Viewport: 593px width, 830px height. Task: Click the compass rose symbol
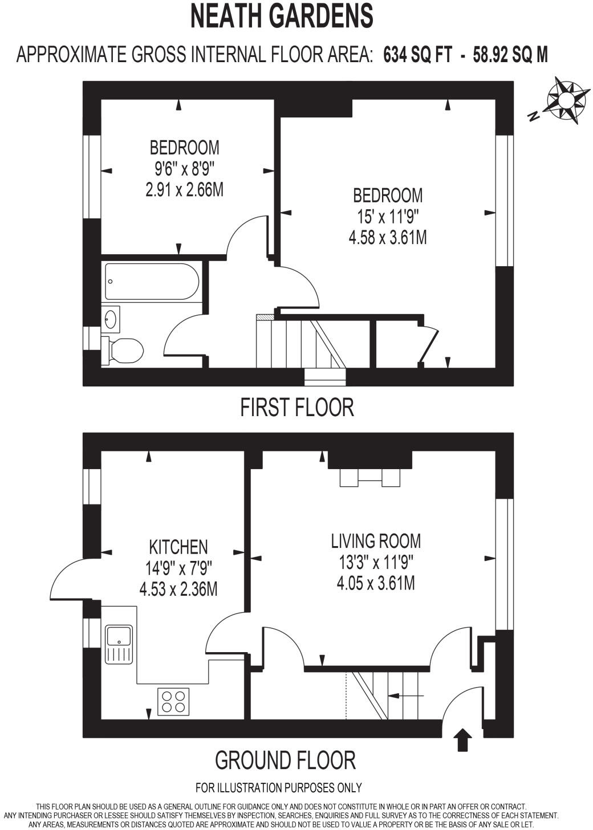(567, 101)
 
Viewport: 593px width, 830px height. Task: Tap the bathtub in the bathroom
(152, 282)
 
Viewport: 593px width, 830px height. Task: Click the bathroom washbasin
(111, 319)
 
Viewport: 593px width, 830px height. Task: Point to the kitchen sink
(119, 644)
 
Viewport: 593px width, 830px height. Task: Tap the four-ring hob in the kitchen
(174, 702)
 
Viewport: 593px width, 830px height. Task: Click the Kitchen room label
(178, 547)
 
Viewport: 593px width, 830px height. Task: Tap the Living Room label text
(376, 540)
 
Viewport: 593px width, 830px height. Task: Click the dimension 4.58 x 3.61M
(387, 237)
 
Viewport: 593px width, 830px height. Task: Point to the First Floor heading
(296, 408)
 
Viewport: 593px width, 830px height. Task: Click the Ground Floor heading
(285, 760)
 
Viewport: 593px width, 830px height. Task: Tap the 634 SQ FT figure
(418, 55)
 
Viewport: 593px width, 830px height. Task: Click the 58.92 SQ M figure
(510, 55)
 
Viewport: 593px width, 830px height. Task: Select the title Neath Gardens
(282, 17)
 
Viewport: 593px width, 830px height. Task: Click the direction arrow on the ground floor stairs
(409, 696)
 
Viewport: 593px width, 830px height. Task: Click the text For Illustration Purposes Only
(278, 788)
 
